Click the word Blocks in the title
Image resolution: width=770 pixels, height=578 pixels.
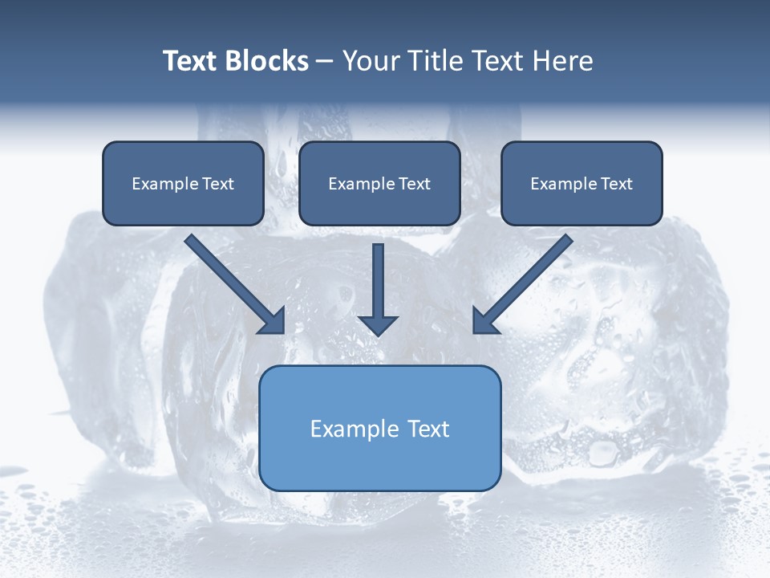[x=267, y=61]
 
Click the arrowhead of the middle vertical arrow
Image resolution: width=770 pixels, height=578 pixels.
[x=378, y=325]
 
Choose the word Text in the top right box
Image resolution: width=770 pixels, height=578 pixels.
[x=616, y=184]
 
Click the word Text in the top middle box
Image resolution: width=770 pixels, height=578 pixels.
[x=414, y=184]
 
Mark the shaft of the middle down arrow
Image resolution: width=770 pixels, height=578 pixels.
[x=378, y=277]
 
